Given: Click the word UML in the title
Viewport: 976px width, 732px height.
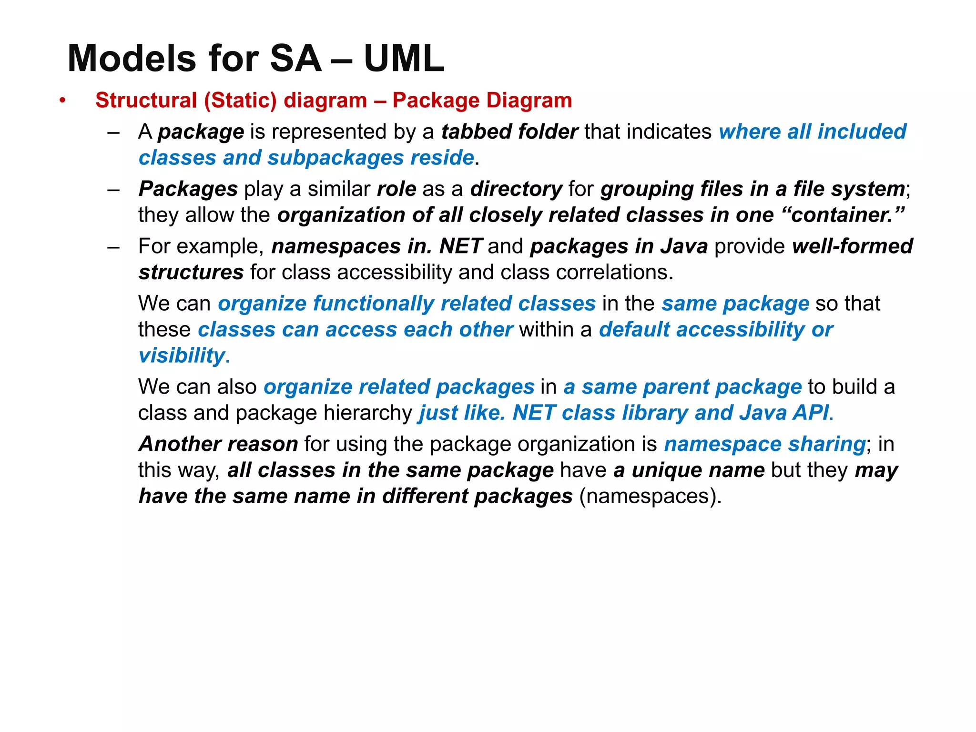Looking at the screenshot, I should click(404, 58).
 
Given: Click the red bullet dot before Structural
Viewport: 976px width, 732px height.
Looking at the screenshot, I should click(62, 101).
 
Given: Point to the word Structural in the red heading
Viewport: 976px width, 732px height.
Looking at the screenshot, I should click(146, 101).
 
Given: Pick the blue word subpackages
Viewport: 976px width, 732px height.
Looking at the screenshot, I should click(335, 158).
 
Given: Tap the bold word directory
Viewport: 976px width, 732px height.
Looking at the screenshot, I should click(516, 189).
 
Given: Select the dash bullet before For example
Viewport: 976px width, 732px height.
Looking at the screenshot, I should click(113, 247).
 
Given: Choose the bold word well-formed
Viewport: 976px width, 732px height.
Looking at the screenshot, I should click(853, 246).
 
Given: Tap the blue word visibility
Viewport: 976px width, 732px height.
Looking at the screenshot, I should click(182, 356).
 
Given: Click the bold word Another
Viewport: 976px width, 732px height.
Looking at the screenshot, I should click(179, 444).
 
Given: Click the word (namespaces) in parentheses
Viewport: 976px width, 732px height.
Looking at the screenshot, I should click(650, 496).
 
